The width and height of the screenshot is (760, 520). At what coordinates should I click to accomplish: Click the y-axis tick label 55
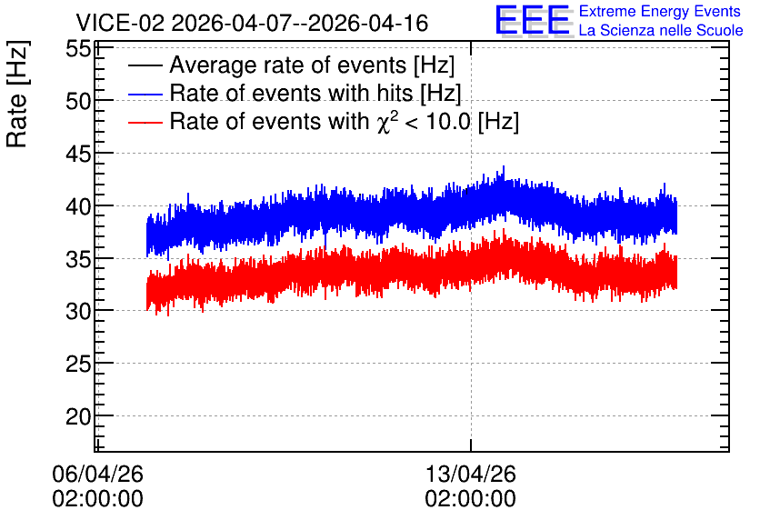click(78, 49)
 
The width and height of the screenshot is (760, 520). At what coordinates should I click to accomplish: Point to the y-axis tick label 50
click(78, 102)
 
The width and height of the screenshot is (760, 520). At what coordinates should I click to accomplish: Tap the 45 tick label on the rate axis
click(78, 155)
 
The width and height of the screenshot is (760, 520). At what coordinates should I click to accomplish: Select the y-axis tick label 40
click(78, 207)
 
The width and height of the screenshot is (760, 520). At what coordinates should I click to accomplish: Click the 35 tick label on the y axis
click(78, 259)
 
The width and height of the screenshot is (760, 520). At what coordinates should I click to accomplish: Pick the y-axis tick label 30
click(78, 312)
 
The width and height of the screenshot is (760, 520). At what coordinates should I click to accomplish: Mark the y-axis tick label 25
click(78, 364)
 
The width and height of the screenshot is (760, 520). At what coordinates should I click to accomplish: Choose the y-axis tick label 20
click(78, 416)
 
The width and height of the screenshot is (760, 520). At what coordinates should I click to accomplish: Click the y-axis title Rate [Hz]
click(17, 94)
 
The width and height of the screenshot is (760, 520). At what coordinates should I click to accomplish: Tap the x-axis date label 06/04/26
click(97, 474)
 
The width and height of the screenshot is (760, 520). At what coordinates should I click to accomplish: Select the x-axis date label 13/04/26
click(471, 474)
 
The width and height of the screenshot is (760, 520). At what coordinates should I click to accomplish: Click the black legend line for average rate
click(145, 65)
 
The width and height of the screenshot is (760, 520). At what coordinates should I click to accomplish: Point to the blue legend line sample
click(145, 94)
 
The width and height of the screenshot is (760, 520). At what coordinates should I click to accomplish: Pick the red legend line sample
click(145, 122)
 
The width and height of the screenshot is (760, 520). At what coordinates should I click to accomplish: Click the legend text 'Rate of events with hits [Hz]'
click(315, 93)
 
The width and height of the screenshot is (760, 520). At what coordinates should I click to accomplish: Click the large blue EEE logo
click(533, 20)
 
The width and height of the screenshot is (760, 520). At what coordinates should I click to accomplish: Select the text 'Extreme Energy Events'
click(660, 11)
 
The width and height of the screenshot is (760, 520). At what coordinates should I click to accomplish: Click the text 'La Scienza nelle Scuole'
click(661, 30)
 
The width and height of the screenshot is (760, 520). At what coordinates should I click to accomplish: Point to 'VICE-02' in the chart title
click(120, 23)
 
